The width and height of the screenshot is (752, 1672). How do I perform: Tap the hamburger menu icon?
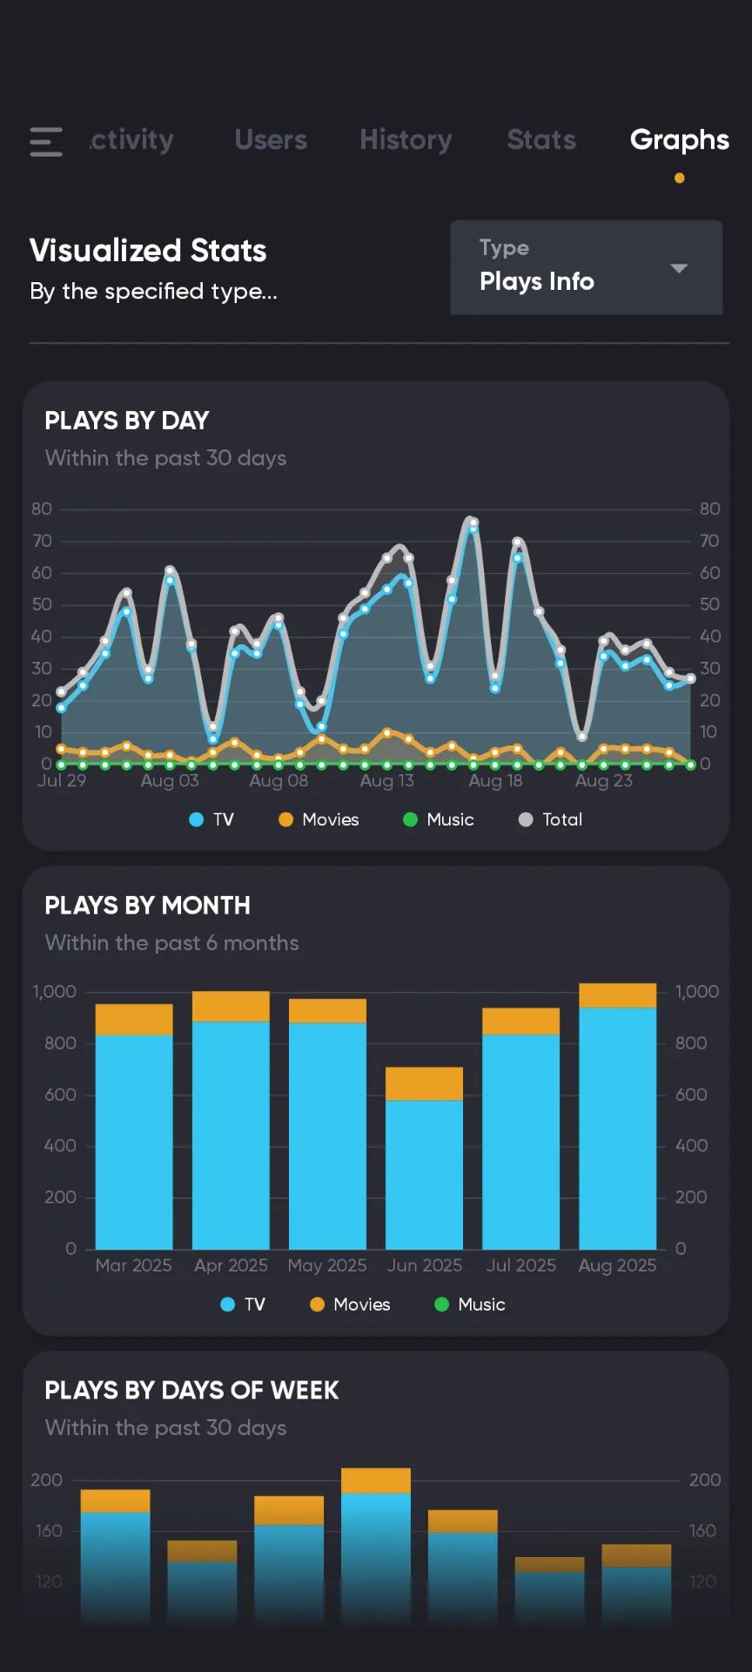[x=46, y=141]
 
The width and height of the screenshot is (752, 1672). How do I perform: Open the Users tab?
[x=271, y=140]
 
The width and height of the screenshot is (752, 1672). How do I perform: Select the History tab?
[x=406, y=140]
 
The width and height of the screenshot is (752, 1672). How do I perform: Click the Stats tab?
[x=541, y=140]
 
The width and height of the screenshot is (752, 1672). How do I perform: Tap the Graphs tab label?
[x=679, y=140]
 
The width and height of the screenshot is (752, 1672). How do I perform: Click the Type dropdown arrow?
[x=679, y=268]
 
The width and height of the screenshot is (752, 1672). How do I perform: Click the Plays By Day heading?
[x=127, y=421]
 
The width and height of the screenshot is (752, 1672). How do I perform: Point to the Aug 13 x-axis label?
[x=386, y=781]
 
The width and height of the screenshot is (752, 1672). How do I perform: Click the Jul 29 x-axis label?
[x=62, y=781]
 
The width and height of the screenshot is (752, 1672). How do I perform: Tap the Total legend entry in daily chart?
[x=551, y=819]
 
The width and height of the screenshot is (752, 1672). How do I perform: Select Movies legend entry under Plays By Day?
[x=319, y=819]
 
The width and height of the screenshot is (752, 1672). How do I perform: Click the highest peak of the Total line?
[x=471, y=521]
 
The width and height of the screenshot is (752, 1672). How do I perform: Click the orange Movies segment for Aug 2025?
[x=617, y=995]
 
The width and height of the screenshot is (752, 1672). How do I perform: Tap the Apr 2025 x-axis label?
[x=231, y=1265]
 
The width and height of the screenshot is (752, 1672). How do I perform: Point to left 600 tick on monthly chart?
[x=60, y=1095]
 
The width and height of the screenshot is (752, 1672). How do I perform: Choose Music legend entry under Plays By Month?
[x=470, y=1305]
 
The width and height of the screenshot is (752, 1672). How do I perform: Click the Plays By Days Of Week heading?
[x=191, y=1391]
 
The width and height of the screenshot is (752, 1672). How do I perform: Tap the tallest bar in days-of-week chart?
[x=376, y=1541]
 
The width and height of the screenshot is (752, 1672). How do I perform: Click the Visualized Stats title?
[x=148, y=251]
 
